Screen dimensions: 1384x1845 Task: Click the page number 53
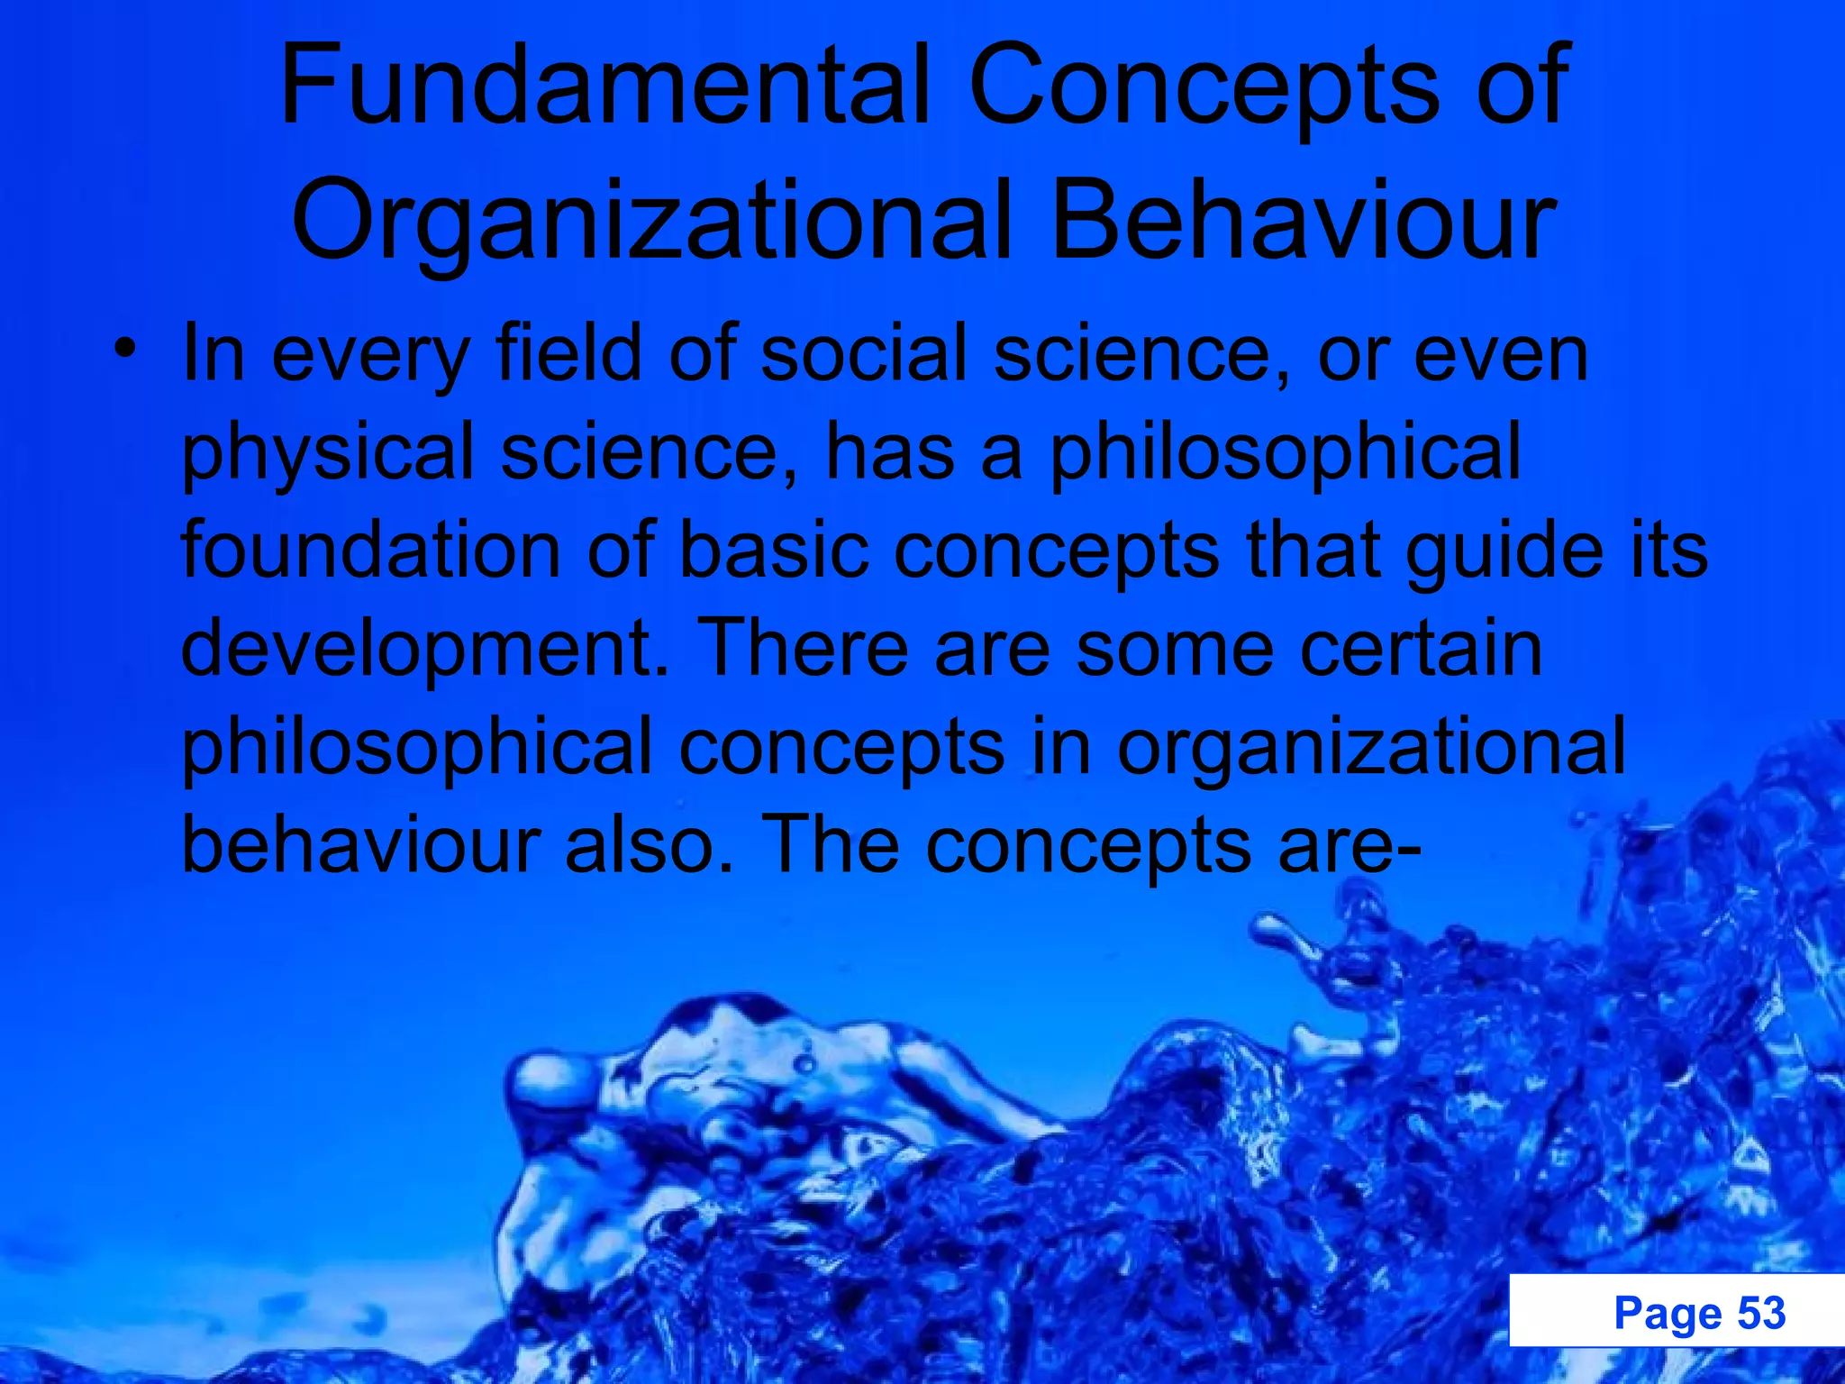point(1760,1313)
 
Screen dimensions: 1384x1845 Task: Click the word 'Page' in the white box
point(1668,1313)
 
